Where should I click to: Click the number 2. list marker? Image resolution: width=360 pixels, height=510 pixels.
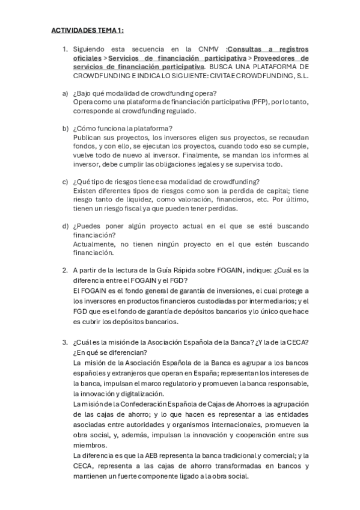(x=66, y=269)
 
